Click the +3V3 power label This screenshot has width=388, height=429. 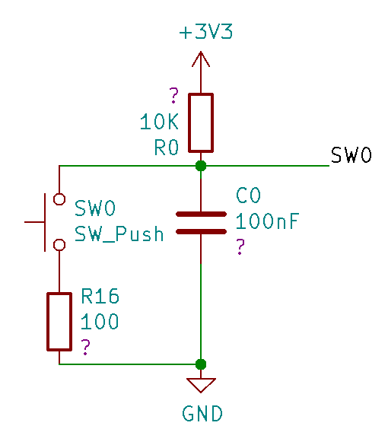(x=205, y=32)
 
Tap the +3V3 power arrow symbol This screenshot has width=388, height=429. (x=201, y=59)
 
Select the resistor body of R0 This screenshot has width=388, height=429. (x=201, y=122)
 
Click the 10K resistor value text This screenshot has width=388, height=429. (x=159, y=122)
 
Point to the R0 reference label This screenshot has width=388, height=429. (x=167, y=148)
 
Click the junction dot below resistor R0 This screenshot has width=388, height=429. (x=201, y=166)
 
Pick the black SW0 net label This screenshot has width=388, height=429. (x=351, y=155)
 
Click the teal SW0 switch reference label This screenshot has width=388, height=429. (x=95, y=208)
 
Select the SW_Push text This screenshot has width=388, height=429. (x=119, y=234)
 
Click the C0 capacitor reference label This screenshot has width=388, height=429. (x=248, y=195)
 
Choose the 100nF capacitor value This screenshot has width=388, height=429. (x=267, y=221)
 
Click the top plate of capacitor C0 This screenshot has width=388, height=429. (x=201, y=214)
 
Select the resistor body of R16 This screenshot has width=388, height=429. (x=59, y=322)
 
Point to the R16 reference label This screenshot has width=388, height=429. (x=100, y=296)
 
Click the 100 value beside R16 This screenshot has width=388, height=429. (x=100, y=321)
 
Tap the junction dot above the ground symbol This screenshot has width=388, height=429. (x=201, y=364)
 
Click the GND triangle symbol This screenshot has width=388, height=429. (x=201, y=385)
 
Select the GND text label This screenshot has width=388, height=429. (x=202, y=414)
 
